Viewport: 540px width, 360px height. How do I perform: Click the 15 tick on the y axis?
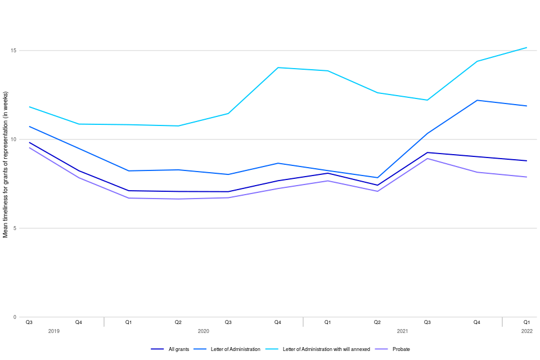tap(14, 51)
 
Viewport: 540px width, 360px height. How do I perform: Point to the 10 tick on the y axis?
tap(14, 139)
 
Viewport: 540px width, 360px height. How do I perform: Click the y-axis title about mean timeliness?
tap(6, 169)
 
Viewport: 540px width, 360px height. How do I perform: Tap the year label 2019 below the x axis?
tap(54, 331)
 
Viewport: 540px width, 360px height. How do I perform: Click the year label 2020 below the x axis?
tap(204, 331)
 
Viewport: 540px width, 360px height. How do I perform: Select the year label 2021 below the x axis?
tap(403, 331)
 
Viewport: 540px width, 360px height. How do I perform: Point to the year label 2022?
tap(527, 331)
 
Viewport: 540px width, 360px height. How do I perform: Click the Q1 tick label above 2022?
tap(527, 322)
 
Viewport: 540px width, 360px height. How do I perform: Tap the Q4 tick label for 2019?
tap(79, 322)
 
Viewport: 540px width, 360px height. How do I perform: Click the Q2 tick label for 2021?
tap(377, 322)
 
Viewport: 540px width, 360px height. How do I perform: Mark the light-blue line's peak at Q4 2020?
tap(278, 67)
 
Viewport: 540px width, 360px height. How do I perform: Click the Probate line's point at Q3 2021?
tap(427, 159)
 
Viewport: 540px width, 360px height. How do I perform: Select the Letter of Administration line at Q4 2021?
tap(477, 100)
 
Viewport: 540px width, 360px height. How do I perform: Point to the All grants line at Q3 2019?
tap(29, 142)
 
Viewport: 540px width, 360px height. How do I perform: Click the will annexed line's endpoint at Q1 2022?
tap(527, 47)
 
